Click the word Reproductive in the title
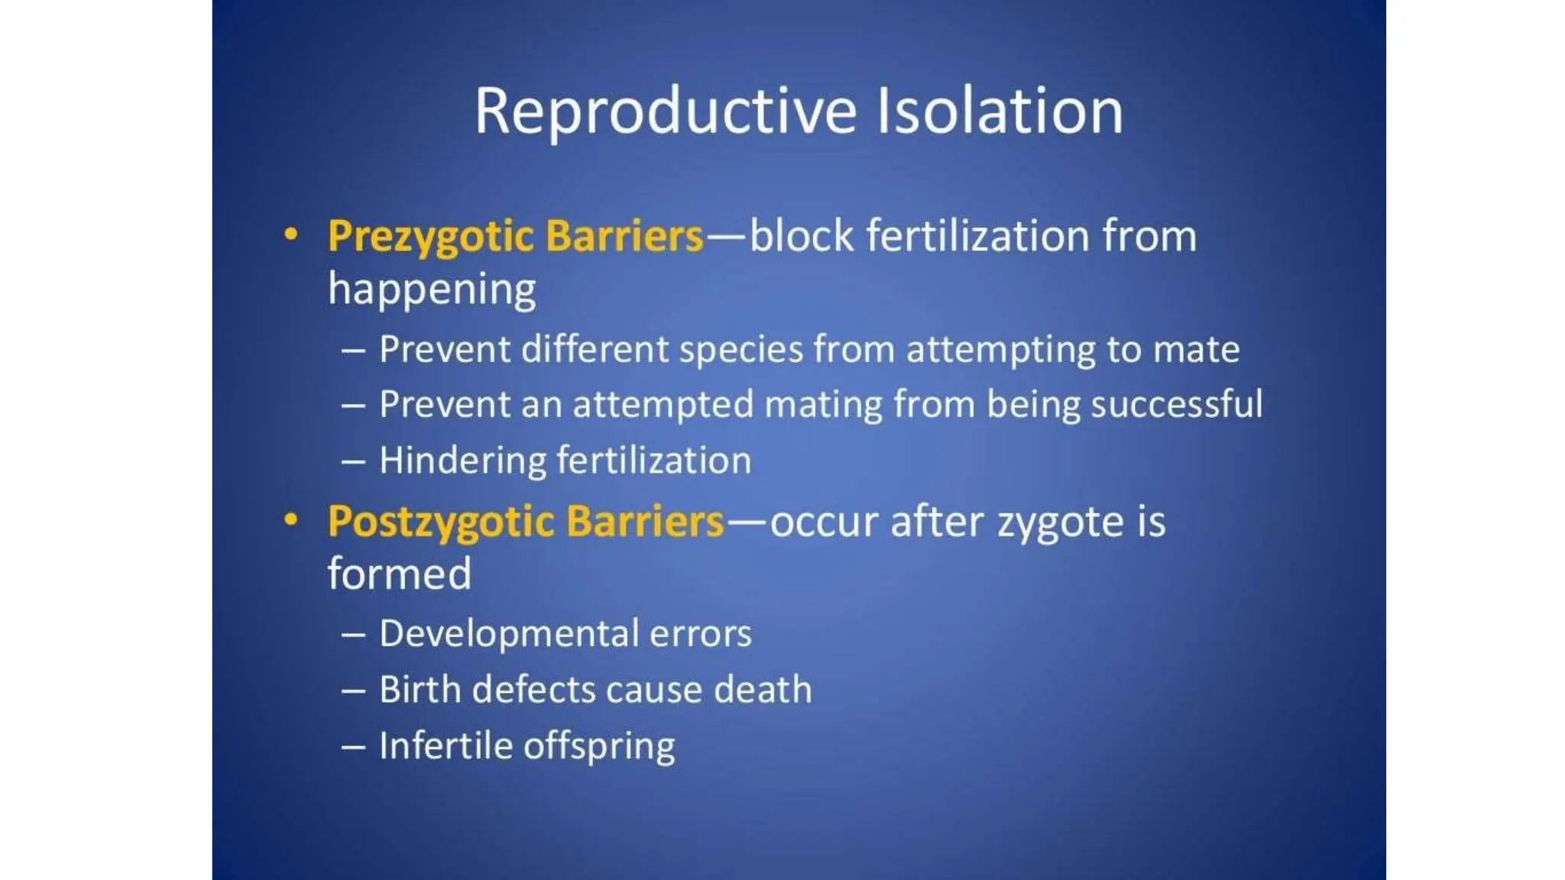[x=665, y=112]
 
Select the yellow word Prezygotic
[x=429, y=237]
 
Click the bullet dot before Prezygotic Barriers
[x=290, y=235]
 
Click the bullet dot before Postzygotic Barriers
[x=290, y=520]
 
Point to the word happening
[x=432, y=290]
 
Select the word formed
[x=399, y=574]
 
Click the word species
[x=740, y=351]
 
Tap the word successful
[x=1176, y=405]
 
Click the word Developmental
[x=509, y=634]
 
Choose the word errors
[x=700, y=634]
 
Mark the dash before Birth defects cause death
[x=353, y=691]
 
